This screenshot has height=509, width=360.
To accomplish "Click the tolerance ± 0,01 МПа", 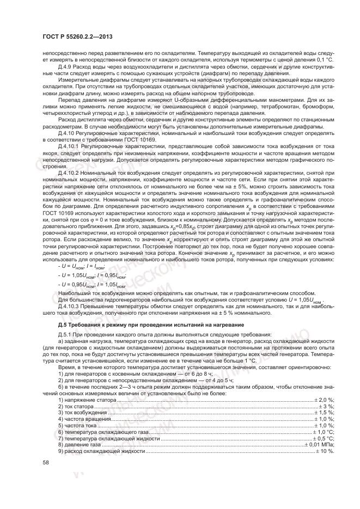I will click(x=320, y=445).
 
